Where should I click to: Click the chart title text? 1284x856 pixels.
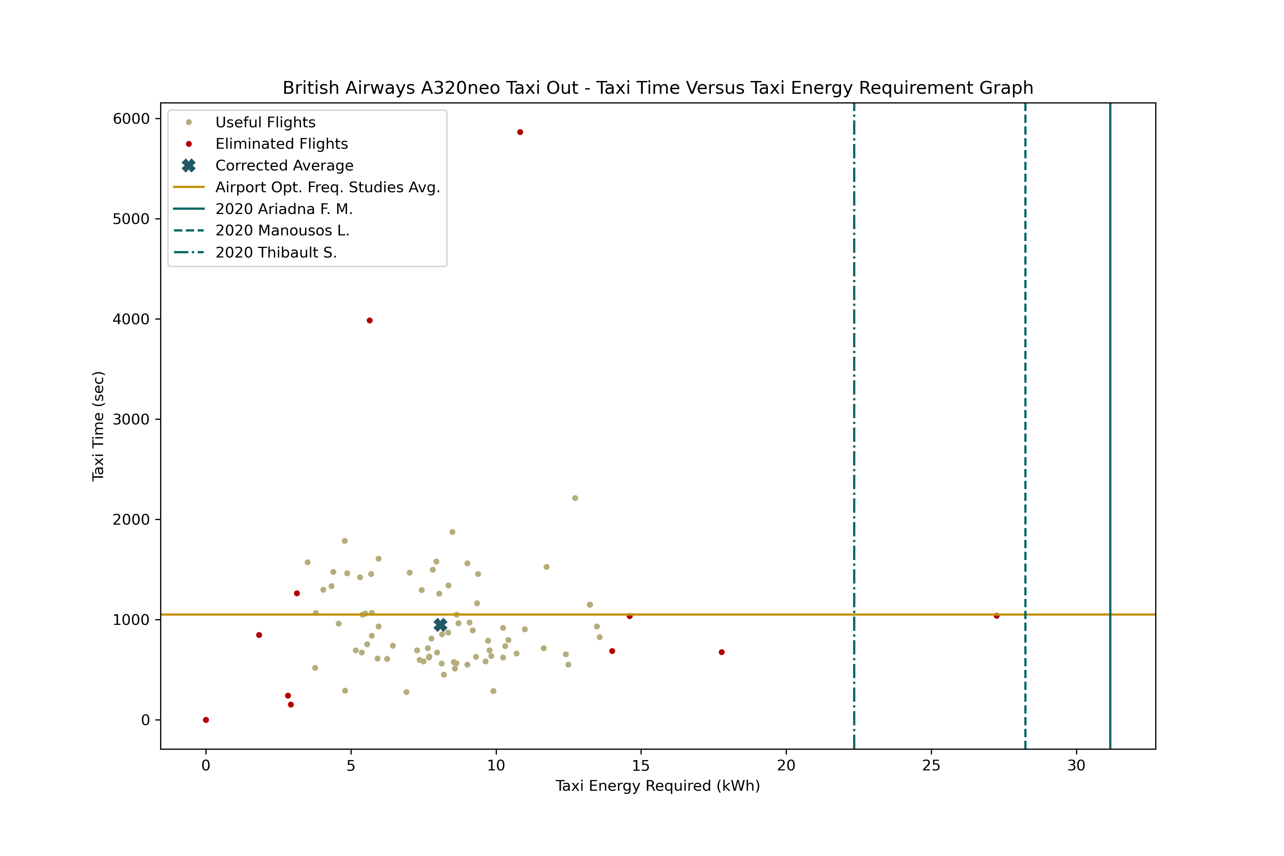pos(657,88)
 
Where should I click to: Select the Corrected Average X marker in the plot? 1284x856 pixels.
pos(440,624)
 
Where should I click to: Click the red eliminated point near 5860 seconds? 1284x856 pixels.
pos(520,132)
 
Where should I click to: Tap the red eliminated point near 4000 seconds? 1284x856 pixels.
pos(370,320)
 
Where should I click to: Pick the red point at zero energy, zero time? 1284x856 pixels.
pos(206,720)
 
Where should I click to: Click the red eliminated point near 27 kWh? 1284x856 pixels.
pos(997,616)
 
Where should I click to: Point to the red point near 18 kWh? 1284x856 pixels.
pos(722,652)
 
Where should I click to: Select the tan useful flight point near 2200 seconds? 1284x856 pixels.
pos(575,498)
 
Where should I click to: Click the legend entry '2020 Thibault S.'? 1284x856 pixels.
pos(276,252)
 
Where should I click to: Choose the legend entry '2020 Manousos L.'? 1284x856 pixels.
pos(282,230)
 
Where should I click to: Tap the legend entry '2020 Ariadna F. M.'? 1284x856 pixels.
pos(284,209)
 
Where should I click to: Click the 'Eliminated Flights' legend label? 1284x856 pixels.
pos(282,144)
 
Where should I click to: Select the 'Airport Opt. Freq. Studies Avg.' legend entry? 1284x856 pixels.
pos(327,187)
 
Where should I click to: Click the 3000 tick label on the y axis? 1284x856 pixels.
pos(131,419)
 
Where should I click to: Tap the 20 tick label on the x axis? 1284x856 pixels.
pos(786,765)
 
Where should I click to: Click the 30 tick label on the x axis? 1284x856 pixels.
pos(1076,765)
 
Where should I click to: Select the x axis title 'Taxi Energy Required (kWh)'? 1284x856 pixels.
pos(657,786)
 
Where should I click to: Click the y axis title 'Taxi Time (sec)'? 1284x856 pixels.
pos(98,426)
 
